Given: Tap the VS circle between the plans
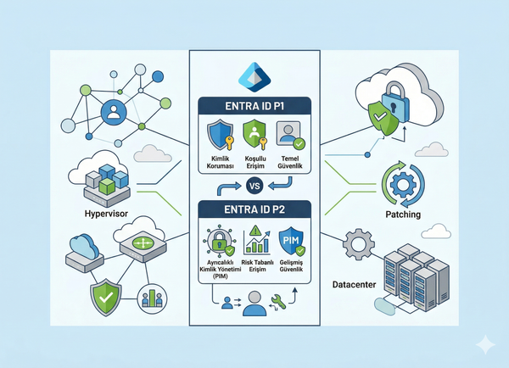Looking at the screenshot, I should [254, 187].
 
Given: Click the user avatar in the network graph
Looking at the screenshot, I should [112, 112].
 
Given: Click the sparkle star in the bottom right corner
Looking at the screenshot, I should [485, 344].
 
